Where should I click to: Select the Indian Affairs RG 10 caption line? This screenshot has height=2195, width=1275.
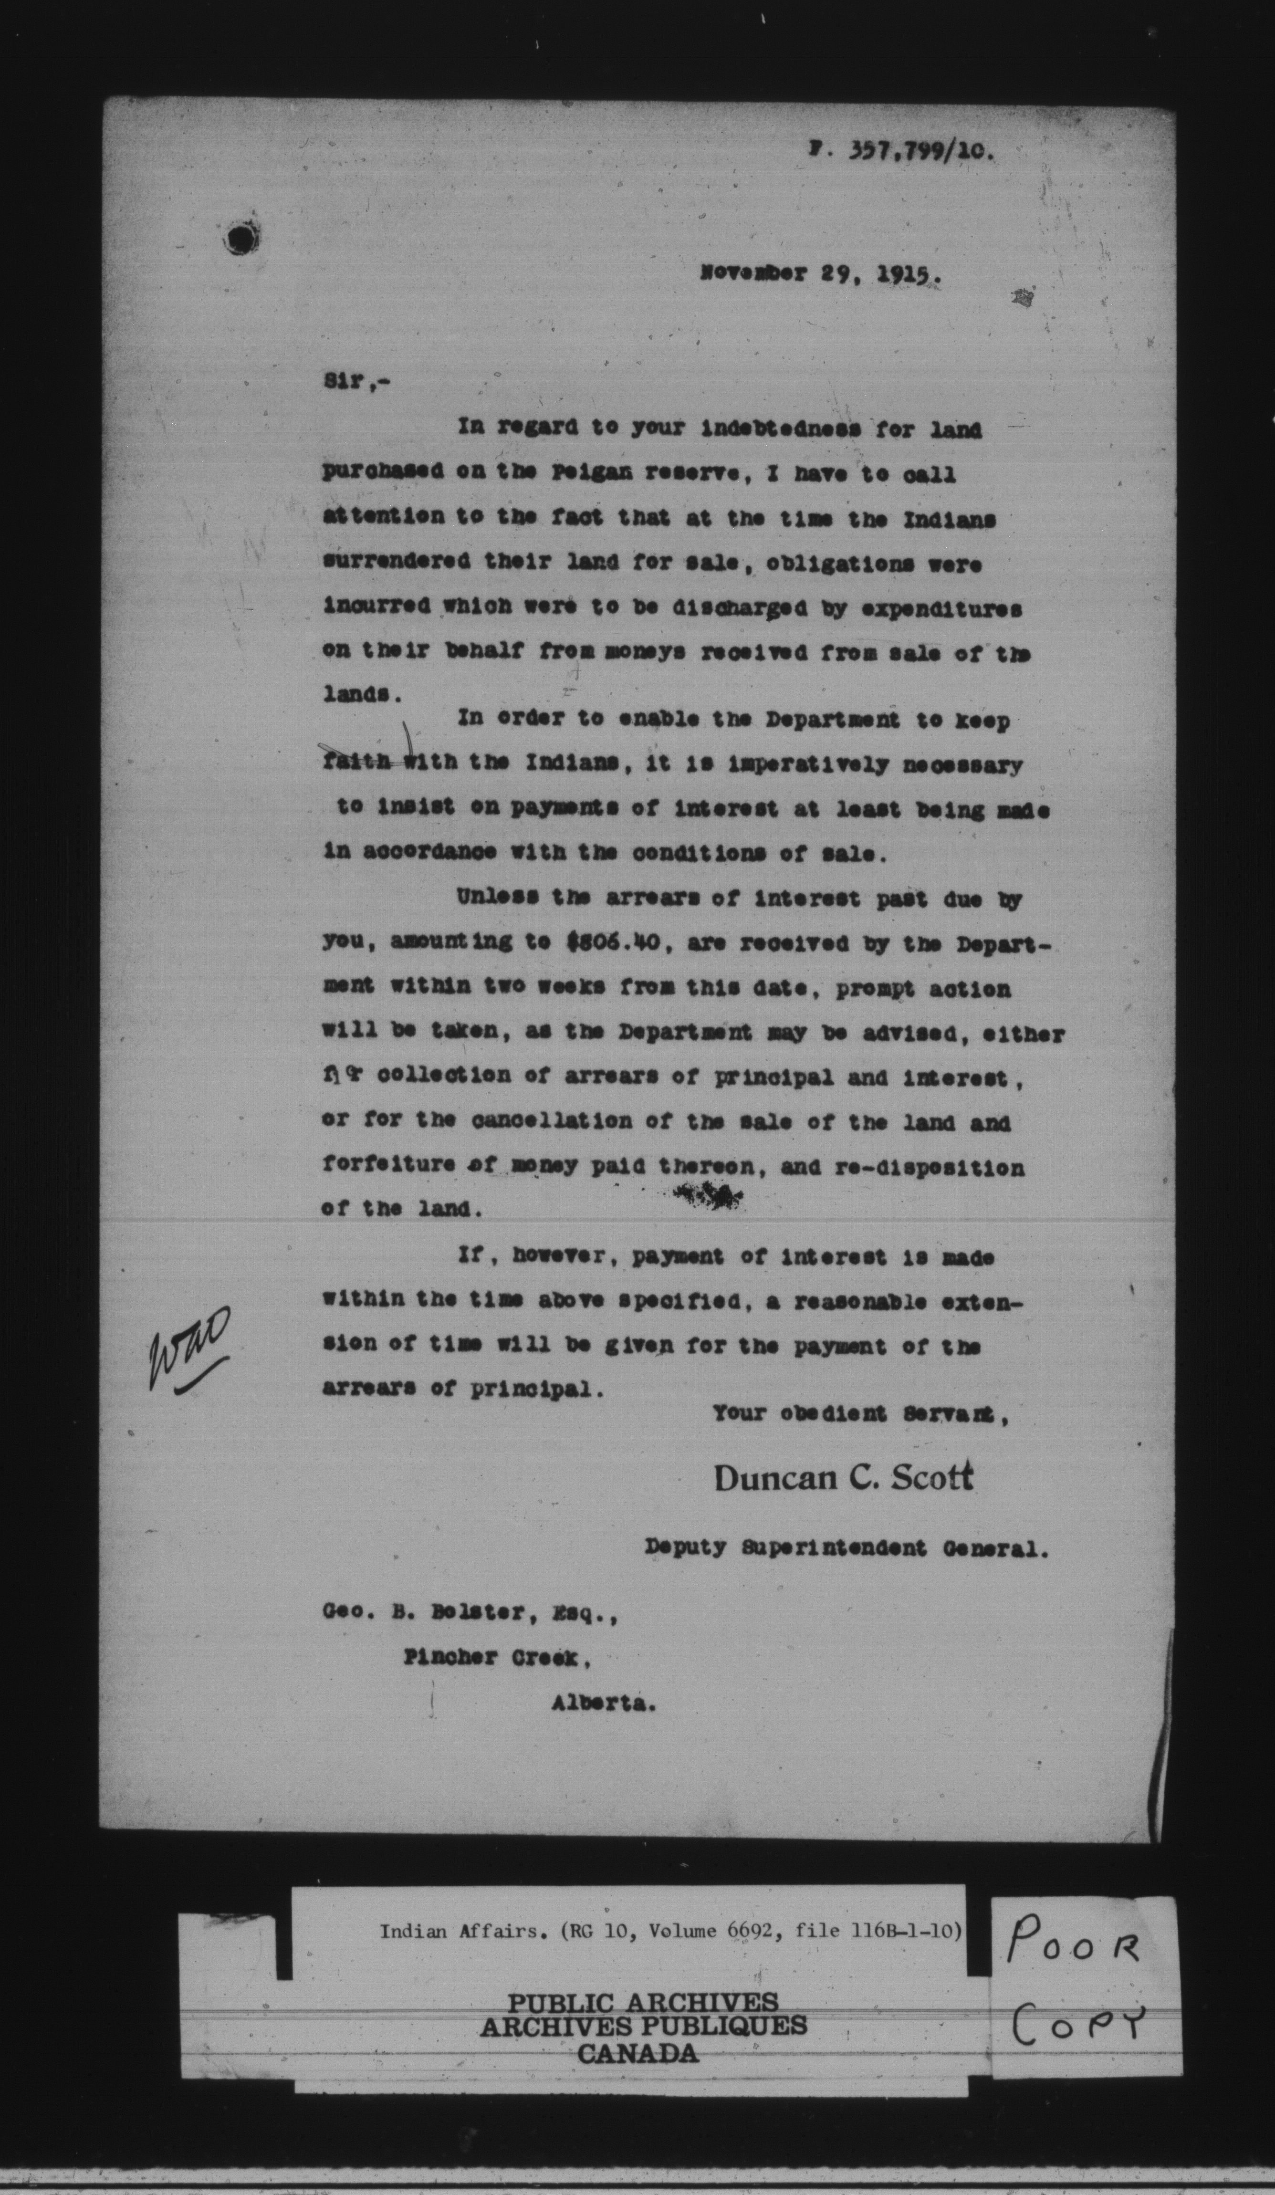pyautogui.click(x=670, y=1932)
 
